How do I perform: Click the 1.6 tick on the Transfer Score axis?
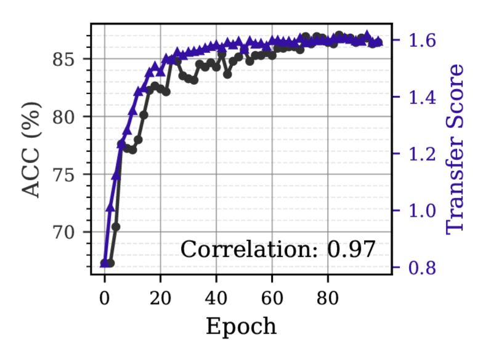pos(419,41)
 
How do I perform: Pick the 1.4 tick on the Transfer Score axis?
pos(419,97)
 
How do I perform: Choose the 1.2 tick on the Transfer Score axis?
pos(419,154)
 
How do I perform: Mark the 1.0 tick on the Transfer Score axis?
pos(419,211)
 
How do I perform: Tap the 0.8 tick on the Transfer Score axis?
pos(419,268)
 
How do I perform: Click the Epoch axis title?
pos(241,326)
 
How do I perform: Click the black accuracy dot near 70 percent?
pos(116,227)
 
